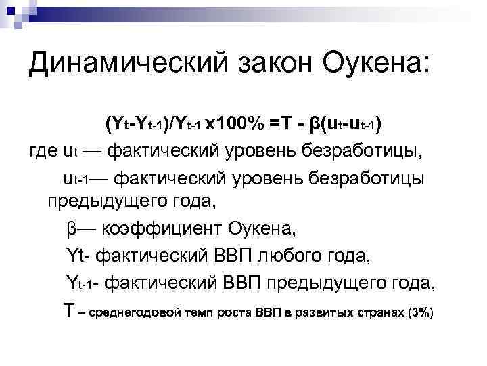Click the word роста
(x=236, y=313)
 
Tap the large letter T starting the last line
(x=68, y=311)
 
